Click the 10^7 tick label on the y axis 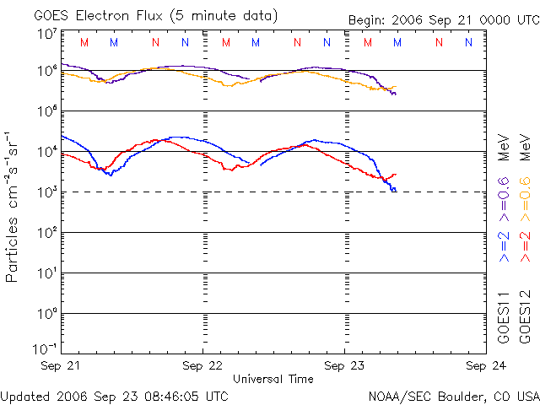[46, 34]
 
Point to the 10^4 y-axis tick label [46, 151]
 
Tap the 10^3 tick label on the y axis [46, 192]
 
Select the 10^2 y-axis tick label [46, 232]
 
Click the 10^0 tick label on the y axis [46, 313]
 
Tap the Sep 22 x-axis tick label [203, 365]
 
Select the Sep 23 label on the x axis [345, 365]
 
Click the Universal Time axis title [273, 379]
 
